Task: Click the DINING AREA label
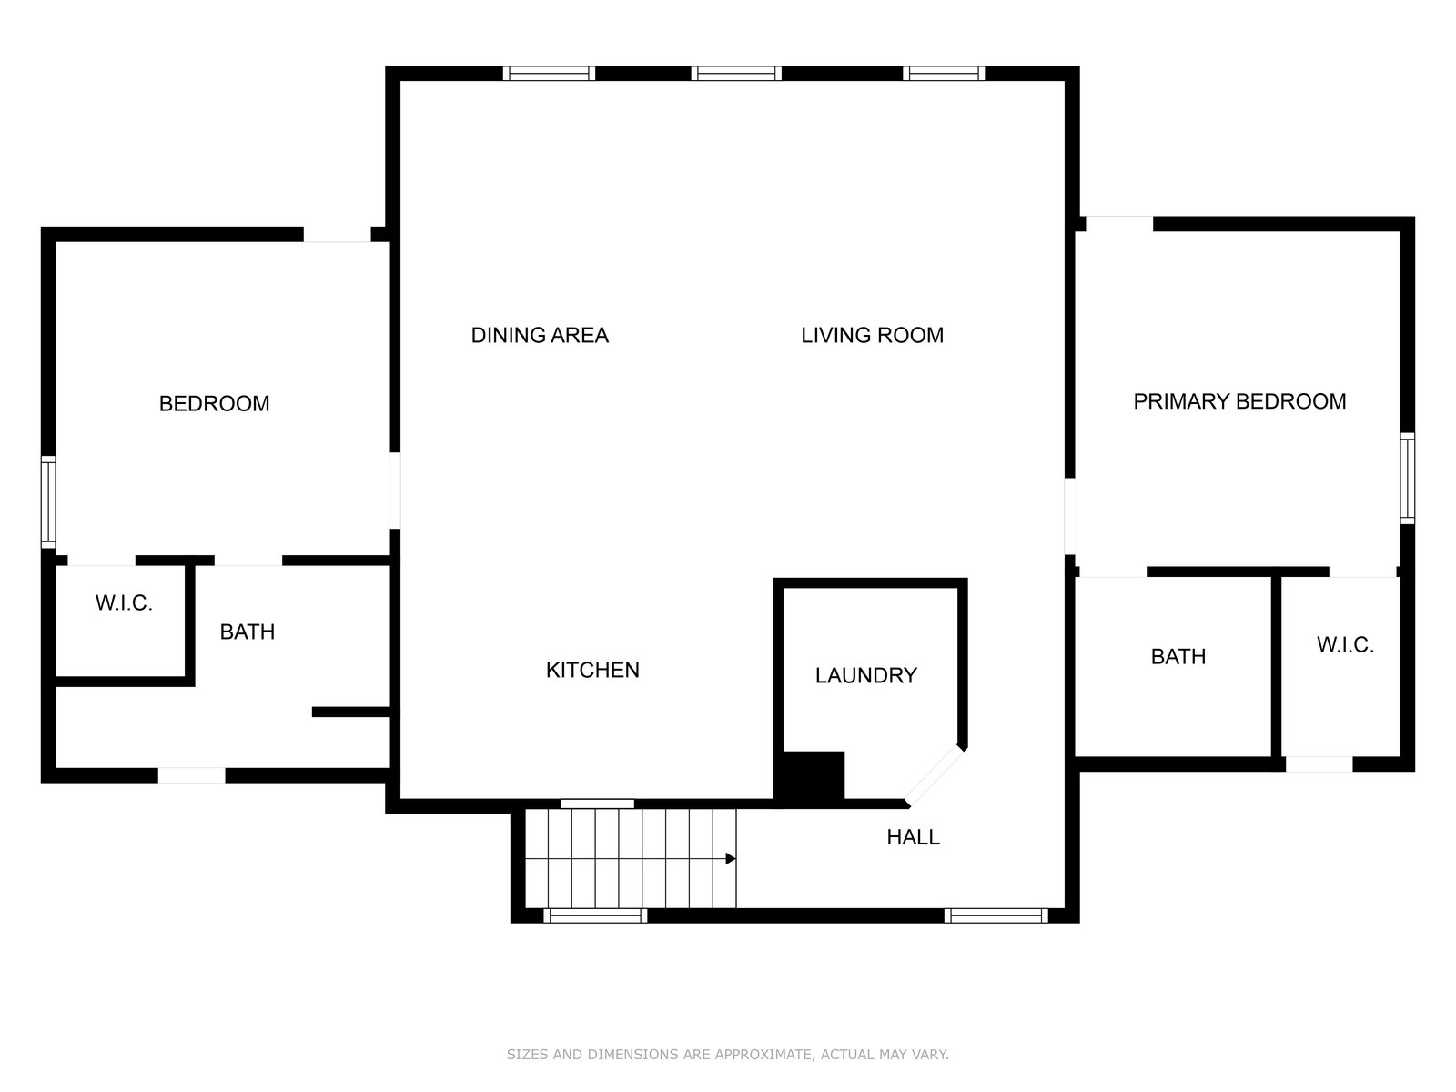tap(540, 336)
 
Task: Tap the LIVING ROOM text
tap(872, 336)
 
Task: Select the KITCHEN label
tap(592, 671)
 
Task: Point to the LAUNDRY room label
tap(865, 675)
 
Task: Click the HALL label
tap(913, 837)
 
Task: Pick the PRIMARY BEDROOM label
tap(1239, 402)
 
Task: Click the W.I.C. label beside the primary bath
tap(1345, 644)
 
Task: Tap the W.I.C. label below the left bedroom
tap(124, 602)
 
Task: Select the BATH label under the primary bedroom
tap(1178, 656)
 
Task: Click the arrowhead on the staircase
tap(731, 859)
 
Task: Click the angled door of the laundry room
tap(935, 775)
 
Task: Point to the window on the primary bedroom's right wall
tap(1408, 478)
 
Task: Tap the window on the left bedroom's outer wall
tap(47, 502)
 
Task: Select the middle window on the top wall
tap(736, 73)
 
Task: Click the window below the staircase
tap(595, 915)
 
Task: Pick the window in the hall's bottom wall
tap(996, 915)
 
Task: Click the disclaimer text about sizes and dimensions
tap(728, 1054)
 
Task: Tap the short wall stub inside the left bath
tap(351, 713)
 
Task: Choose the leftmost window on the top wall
tap(549, 73)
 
